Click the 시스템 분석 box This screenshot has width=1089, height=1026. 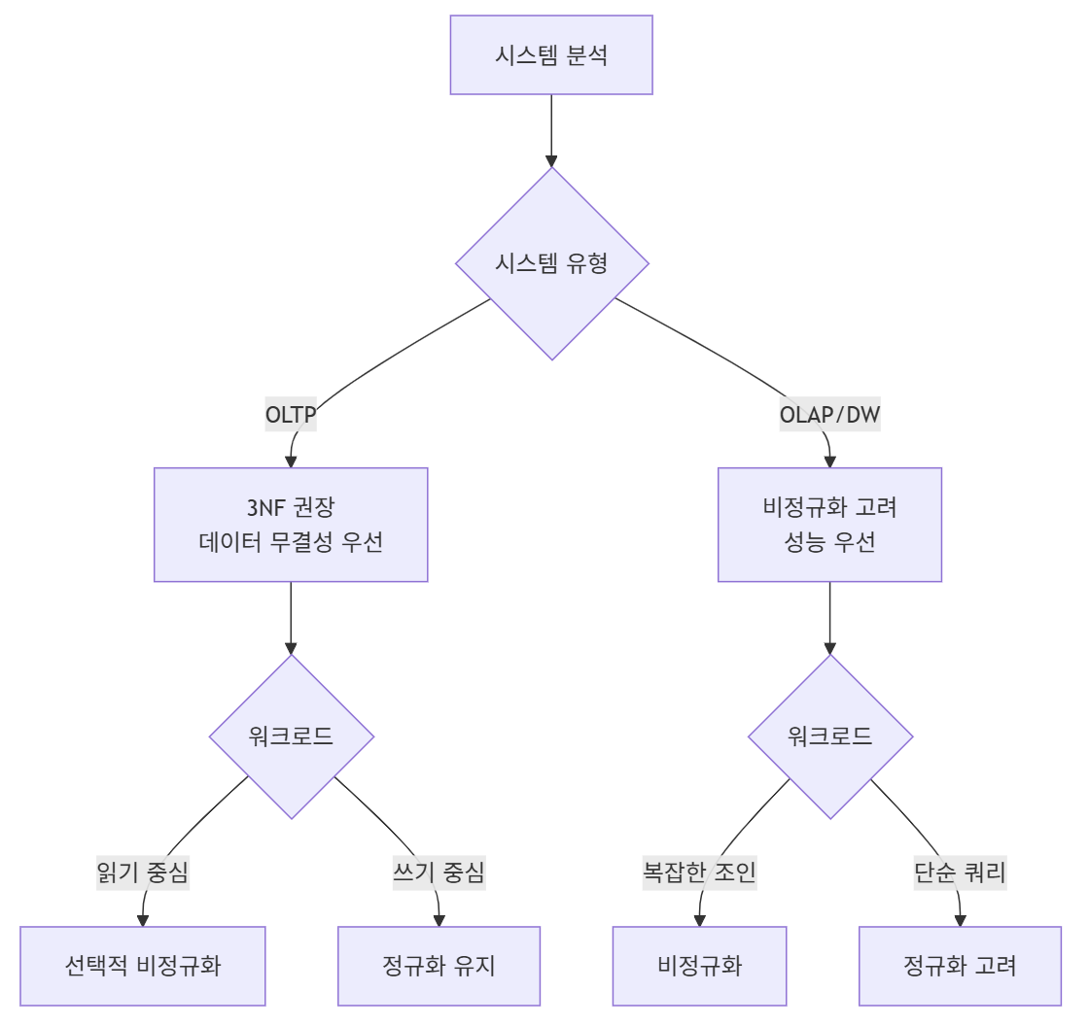click(551, 54)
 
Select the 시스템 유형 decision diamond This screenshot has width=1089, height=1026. click(551, 263)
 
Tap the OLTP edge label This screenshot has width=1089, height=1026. click(291, 416)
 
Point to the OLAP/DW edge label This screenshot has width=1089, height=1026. click(829, 416)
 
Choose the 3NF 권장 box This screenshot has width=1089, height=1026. click(291, 525)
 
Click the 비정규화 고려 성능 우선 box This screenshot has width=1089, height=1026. click(829, 525)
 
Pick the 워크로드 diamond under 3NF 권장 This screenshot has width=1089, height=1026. click(291, 736)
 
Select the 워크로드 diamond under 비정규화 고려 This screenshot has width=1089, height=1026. click(829, 736)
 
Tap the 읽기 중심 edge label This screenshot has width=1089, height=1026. click(143, 872)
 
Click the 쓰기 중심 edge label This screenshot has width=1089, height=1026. click(433, 872)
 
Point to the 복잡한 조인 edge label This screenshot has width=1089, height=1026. click(699, 872)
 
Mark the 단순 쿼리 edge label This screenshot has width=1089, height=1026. click(960, 872)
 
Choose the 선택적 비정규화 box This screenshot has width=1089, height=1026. click(143, 966)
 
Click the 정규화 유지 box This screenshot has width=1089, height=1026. click(439, 966)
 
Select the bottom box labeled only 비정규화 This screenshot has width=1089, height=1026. click(699, 966)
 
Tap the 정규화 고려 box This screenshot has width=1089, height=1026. click(960, 966)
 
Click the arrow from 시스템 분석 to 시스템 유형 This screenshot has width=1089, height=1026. click(551, 130)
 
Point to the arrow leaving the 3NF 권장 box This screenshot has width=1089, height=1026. click(291, 618)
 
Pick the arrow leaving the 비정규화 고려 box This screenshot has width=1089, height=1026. click(829, 618)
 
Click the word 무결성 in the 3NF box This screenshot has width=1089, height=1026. click(300, 542)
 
